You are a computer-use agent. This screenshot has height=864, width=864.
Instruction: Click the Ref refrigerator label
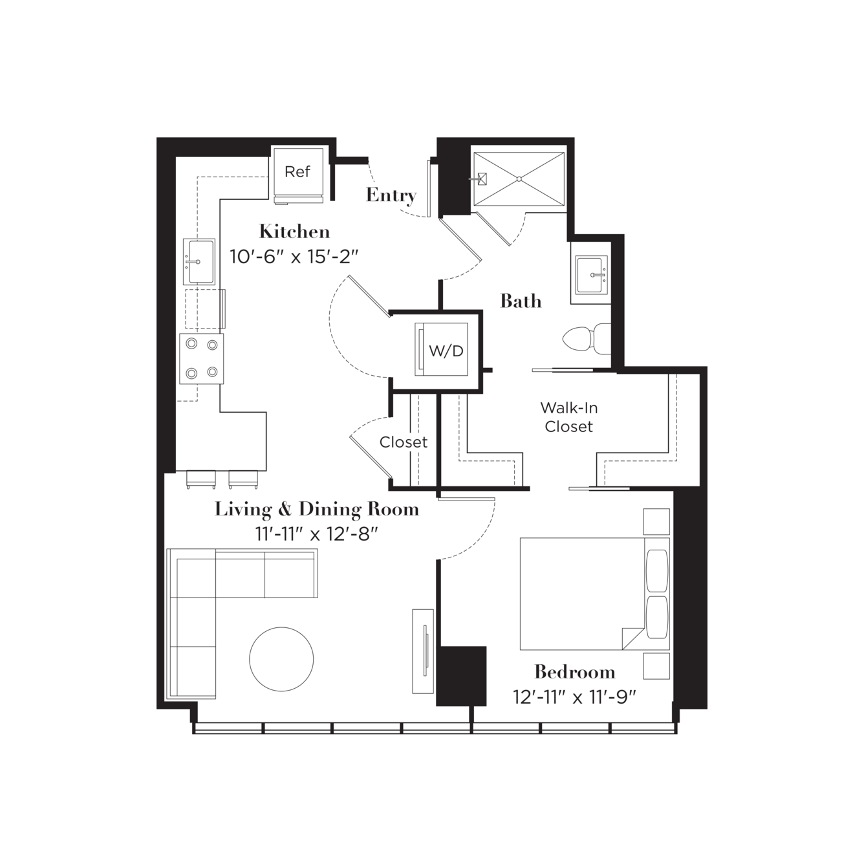pyautogui.click(x=297, y=172)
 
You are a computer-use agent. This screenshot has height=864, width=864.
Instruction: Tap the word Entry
pyautogui.click(x=391, y=195)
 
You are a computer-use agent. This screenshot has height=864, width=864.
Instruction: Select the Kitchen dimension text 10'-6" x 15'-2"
pyautogui.click(x=295, y=257)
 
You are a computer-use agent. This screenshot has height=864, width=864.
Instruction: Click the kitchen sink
pyautogui.click(x=199, y=262)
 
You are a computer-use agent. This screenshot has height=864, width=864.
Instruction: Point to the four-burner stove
pyautogui.click(x=201, y=359)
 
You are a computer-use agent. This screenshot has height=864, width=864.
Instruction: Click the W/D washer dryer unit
pyautogui.click(x=441, y=349)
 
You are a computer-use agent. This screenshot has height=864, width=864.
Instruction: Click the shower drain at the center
pyautogui.click(x=519, y=179)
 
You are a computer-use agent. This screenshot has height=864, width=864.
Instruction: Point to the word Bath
pyautogui.click(x=521, y=301)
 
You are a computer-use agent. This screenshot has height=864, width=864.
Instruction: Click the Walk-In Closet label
pyautogui.click(x=569, y=417)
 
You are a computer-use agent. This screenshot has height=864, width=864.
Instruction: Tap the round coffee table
pyautogui.click(x=281, y=659)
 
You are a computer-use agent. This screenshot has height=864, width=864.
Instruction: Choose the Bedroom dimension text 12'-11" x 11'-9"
pyautogui.click(x=575, y=697)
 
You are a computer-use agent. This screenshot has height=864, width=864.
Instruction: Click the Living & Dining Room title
pyautogui.click(x=317, y=510)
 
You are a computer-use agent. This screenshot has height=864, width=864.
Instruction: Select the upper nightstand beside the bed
pyautogui.click(x=656, y=521)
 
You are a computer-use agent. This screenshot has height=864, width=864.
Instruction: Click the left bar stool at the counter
pyautogui.click(x=201, y=479)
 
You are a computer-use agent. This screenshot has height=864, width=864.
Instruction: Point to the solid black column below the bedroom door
pyautogui.click(x=461, y=676)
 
